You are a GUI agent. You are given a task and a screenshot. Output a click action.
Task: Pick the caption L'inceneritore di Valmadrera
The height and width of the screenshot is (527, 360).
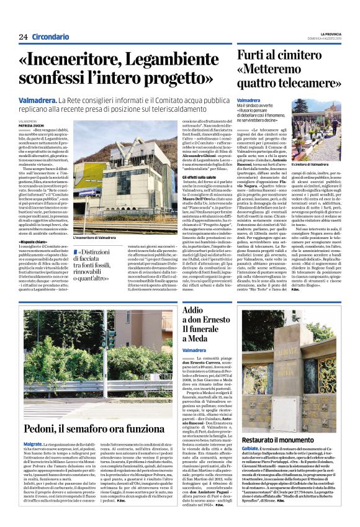[x=94, y=238]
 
